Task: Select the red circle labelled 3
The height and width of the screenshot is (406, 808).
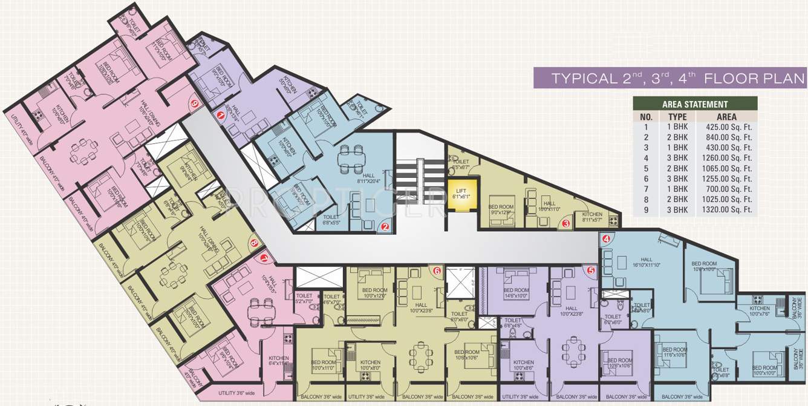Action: [x=567, y=223]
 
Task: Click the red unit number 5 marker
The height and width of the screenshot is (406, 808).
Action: [x=591, y=270]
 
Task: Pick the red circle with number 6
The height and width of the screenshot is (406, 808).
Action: [x=437, y=270]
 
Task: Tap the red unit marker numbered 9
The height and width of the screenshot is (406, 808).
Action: [x=194, y=103]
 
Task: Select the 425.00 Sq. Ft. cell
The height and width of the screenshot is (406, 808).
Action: [x=734, y=127]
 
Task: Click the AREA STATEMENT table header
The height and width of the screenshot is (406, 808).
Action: [x=695, y=104]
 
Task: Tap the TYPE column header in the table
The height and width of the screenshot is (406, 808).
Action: [x=677, y=117]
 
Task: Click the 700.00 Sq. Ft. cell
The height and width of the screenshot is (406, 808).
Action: [x=734, y=189]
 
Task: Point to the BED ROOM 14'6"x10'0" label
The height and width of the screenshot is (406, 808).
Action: [x=516, y=293]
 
